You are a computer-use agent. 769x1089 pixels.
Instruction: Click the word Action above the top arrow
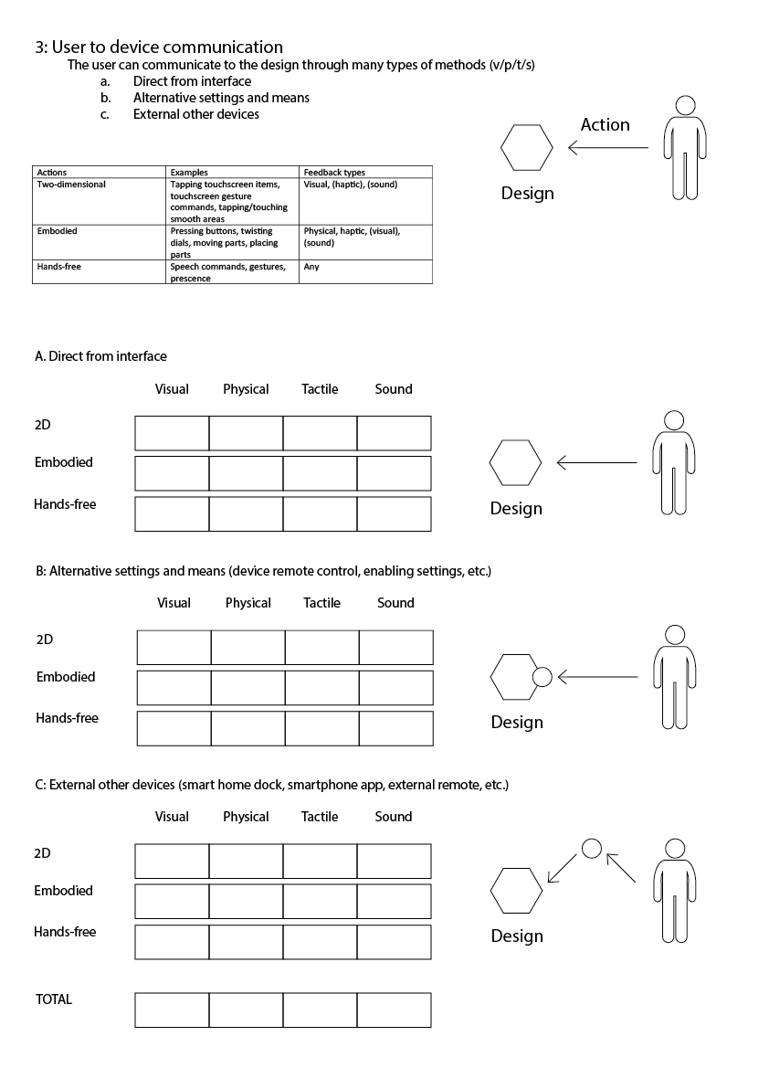605,125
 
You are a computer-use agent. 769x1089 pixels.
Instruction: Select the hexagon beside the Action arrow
527,148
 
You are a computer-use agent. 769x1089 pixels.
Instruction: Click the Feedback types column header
334,172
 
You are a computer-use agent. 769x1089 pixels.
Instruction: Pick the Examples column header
189,172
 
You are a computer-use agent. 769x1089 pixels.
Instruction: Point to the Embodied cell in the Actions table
58,231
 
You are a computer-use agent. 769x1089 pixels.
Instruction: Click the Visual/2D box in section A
172,433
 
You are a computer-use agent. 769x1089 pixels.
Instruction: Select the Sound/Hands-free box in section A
394,513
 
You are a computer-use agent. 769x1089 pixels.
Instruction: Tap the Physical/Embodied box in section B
248,688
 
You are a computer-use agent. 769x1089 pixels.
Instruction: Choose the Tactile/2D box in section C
320,862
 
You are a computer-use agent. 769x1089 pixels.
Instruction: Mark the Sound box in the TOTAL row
394,1010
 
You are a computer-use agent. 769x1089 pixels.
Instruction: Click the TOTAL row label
54,999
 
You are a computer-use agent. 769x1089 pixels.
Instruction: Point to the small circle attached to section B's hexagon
542,677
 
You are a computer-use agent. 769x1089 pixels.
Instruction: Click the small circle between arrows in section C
592,849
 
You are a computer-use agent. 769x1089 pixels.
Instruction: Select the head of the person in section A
674,420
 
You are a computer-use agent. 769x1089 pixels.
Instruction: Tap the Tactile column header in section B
321,603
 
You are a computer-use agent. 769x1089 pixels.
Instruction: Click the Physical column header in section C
246,817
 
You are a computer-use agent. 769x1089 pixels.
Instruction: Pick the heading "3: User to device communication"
159,48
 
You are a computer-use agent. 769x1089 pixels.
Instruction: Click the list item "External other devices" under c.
196,114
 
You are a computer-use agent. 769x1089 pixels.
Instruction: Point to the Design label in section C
517,936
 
